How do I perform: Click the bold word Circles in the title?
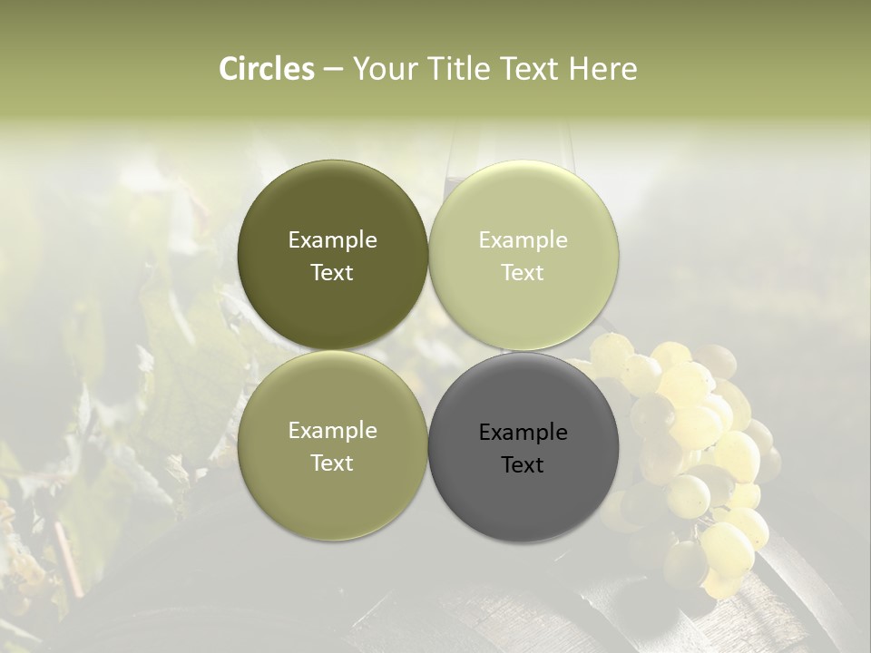(266, 69)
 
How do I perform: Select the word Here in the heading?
(602, 69)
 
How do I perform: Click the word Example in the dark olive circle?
(332, 240)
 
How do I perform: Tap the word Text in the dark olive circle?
(332, 273)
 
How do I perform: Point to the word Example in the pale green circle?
(523, 240)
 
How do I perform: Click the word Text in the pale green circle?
(523, 273)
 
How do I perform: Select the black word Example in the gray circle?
(523, 433)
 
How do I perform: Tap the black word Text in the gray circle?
(523, 465)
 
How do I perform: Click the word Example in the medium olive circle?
(332, 431)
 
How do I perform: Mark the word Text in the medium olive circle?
(332, 463)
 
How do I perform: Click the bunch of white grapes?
(699, 444)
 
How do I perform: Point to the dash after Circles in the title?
(333, 69)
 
